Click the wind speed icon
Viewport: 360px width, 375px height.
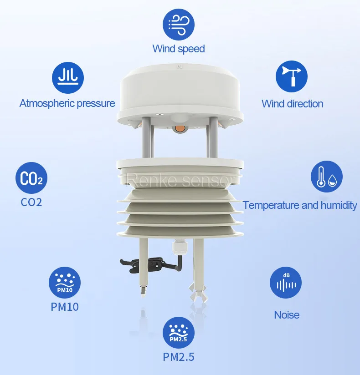tap(179, 24)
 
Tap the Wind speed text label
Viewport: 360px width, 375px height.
tap(179, 49)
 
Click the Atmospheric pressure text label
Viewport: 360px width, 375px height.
tap(67, 103)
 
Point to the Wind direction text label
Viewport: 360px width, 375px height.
tap(292, 104)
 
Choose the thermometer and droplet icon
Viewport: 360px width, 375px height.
tap(326, 177)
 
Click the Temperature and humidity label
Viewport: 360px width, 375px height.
tap(300, 205)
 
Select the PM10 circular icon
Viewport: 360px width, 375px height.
tap(65, 283)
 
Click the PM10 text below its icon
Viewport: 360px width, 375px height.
tap(65, 307)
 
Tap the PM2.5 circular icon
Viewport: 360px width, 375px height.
tap(179, 333)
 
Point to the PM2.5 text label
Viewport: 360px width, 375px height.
tap(179, 357)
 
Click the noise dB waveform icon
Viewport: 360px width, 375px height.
tap(286, 283)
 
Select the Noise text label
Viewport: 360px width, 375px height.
tap(287, 314)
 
